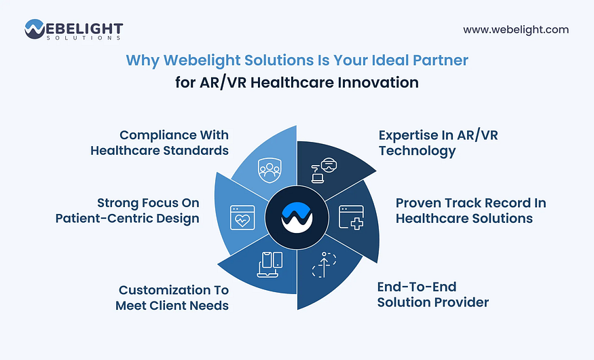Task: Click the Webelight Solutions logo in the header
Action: click(x=74, y=30)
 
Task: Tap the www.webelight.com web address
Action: click(x=515, y=30)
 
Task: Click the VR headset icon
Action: click(x=324, y=170)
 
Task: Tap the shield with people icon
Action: click(x=270, y=170)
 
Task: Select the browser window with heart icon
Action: click(x=242, y=217)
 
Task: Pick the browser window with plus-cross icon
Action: click(x=351, y=217)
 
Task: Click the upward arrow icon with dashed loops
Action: click(x=324, y=264)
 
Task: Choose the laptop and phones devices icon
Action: click(x=270, y=264)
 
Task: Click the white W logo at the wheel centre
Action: click(x=297, y=217)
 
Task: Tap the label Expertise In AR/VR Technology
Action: click(x=439, y=143)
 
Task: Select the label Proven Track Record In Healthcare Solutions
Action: click(x=471, y=211)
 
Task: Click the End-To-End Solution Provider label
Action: click(x=433, y=294)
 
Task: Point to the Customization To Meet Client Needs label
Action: click(x=172, y=298)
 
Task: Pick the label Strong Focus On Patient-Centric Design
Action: click(x=128, y=211)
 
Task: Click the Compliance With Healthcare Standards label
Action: click(x=160, y=143)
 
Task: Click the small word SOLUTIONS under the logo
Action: click(x=83, y=38)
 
